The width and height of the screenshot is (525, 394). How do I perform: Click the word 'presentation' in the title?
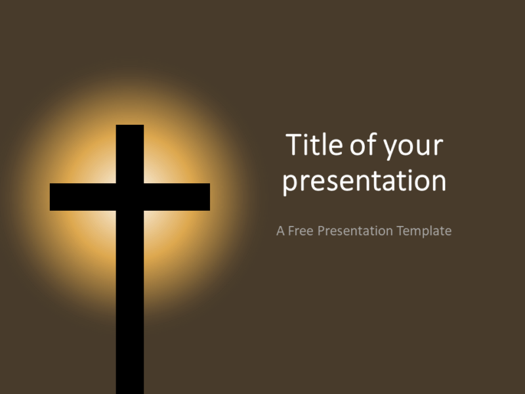(x=364, y=181)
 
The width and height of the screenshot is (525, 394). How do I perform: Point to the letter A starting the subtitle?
(x=281, y=231)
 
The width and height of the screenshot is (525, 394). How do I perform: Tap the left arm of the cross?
(x=79, y=197)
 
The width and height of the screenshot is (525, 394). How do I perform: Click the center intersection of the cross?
(x=130, y=197)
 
